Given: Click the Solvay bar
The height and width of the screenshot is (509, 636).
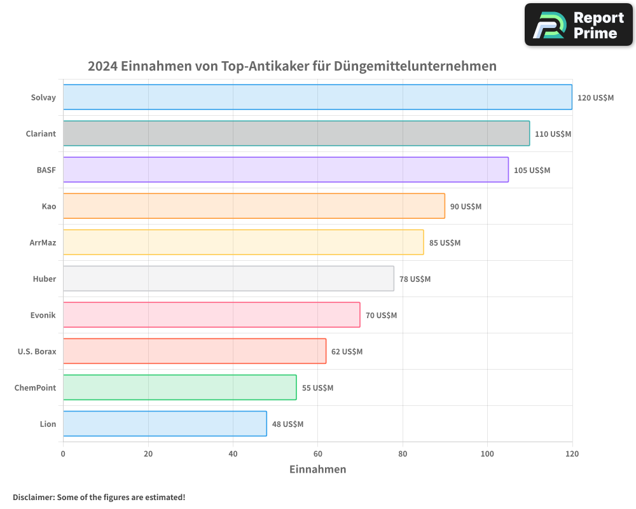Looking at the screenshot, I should pyautogui.click(x=317, y=97).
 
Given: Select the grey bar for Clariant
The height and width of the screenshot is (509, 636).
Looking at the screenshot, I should pyautogui.click(x=296, y=134).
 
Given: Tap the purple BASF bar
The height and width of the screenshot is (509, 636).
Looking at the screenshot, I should pyautogui.click(x=286, y=170).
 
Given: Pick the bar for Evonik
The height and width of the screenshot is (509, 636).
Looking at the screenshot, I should pyautogui.click(x=211, y=315).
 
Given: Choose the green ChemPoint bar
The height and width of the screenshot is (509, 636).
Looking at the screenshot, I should pyautogui.click(x=179, y=387).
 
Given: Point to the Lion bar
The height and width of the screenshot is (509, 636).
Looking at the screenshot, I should pyautogui.click(x=165, y=424).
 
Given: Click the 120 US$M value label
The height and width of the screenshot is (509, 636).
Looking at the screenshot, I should pyautogui.click(x=595, y=98).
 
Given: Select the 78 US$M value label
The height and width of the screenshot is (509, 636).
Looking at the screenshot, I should pyautogui.click(x=415, y=279).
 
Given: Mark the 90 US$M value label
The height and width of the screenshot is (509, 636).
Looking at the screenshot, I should pyautogui.click(x=466, y=207).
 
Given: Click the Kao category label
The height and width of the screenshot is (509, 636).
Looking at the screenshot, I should pyautogui.click(x=49, y=206).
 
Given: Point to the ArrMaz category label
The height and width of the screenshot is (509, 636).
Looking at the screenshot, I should pyautogui.click(x=43, y=242).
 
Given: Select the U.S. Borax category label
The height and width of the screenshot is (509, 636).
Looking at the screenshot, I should pyautogui.click(x=37, y=351).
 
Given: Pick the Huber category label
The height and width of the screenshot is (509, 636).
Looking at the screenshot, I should pyautogui.click(x=45, y=279).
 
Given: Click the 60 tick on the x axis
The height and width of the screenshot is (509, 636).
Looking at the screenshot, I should pyautogui.click(x=317, y=454).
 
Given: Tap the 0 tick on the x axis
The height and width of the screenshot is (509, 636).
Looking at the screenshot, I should pyautogui.click(x=63, y=454).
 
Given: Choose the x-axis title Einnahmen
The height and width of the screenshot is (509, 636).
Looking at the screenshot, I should pyautogui.click(x=317, y=470).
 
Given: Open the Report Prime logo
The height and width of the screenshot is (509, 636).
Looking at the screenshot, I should pyautogui.click(x=579, y=25).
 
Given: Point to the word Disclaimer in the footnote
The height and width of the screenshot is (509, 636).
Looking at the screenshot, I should pyautogui.click(x=32, y=497).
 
